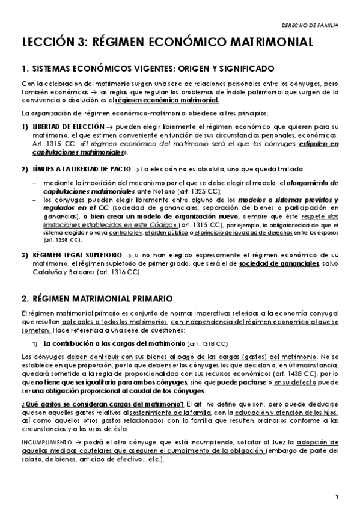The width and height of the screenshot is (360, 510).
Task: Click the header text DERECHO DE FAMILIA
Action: (x=310, y=26)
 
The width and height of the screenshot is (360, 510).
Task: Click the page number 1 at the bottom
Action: (x=338, y=497)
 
